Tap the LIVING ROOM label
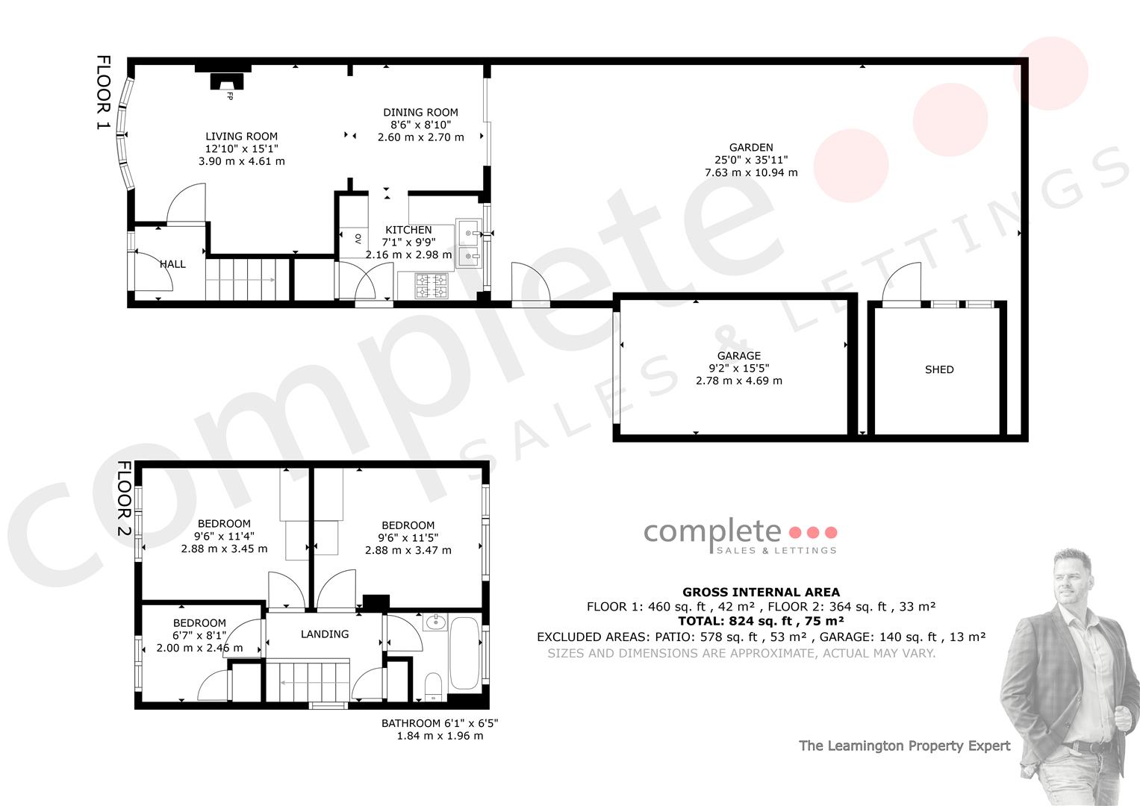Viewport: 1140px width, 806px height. point(242,137)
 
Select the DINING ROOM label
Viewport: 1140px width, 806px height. point(420,113)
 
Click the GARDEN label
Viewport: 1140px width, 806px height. point(751,148)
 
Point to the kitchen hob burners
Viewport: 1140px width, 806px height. point(432,286)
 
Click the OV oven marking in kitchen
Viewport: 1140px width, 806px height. point(358,238)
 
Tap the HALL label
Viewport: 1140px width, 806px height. point(173,264)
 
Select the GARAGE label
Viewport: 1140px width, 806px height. point(739,356)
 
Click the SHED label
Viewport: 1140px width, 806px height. point(939,369)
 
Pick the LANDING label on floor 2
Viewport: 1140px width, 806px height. point(325,634)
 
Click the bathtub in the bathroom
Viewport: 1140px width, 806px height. point(464,653)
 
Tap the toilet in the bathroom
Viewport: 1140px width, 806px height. point(433,687)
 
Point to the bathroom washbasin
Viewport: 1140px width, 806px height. point(436,622)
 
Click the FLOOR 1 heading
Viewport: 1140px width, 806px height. point(103,92)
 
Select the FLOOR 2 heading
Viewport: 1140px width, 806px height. point(124,499)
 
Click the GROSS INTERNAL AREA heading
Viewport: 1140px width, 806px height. point(761,593)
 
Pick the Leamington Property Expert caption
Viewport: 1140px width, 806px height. point(904,746)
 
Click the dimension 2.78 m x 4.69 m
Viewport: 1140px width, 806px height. point(739,381)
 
